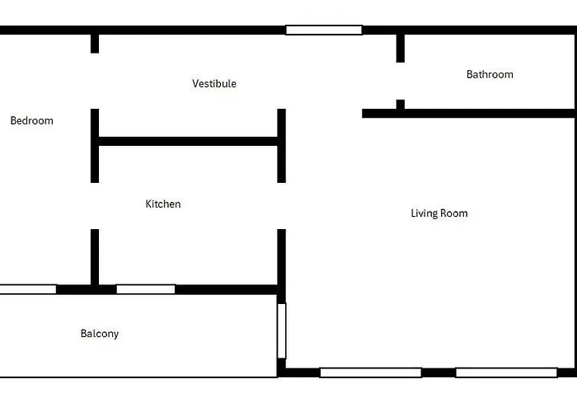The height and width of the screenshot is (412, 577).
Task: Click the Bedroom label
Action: click(31, 120)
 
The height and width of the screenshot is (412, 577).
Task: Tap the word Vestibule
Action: click(214, 83)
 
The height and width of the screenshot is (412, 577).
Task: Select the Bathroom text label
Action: click(490, 74)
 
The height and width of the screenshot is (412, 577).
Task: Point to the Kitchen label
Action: click(163, 204)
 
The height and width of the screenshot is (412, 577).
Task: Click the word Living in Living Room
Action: click(424, 213)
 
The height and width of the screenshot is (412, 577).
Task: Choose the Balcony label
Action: click(100, 334)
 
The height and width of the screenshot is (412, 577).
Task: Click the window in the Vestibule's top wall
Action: click(324, 30)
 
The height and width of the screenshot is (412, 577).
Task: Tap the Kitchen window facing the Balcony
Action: click(146, 289)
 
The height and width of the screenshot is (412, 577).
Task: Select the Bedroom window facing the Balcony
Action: click(28, 289)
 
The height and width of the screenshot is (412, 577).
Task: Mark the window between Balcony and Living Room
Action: click(282, 330)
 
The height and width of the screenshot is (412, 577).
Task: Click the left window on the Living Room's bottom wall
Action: click(371, 372)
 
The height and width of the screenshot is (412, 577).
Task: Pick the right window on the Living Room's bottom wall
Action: click(506, 372)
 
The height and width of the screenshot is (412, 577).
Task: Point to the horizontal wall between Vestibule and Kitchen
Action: click(188, 141)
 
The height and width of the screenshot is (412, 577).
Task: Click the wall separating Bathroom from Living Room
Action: click(468, 114)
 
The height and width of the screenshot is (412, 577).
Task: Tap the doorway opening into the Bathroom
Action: click(401, 81)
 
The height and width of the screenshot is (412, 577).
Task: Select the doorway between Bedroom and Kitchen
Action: click(95, 206)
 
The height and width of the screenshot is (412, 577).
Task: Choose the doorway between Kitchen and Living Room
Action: click(282, 206)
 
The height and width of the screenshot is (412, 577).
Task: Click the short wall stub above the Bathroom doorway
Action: click(401, 49)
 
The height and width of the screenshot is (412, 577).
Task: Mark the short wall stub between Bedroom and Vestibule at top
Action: click(95, 44)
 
